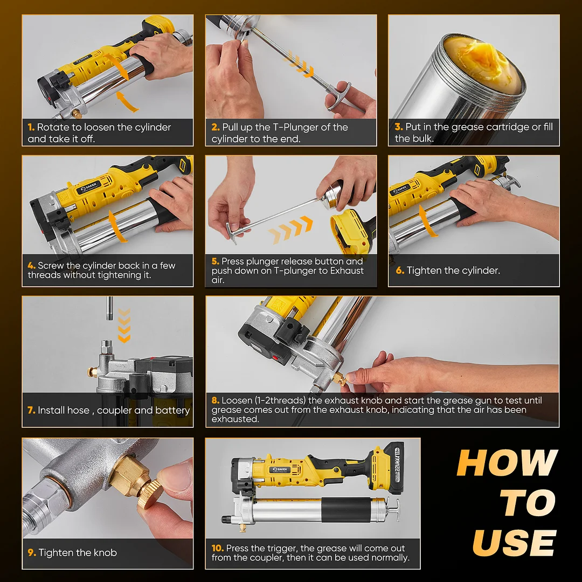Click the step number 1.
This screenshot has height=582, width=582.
31,127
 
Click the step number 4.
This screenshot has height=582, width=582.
31,265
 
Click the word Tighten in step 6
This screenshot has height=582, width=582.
424,270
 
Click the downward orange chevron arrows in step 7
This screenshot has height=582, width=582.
124,325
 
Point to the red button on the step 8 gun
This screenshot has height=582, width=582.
275,358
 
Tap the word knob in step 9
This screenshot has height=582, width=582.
106,553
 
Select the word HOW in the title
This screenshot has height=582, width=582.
507,462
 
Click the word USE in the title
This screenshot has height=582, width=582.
514,542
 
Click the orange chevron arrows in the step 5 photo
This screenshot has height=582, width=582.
290,230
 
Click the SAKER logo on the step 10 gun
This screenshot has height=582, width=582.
279,470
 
